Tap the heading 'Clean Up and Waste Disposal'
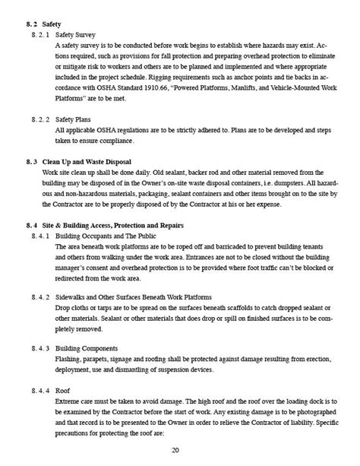pyautogui.click(x=87, y=163)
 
